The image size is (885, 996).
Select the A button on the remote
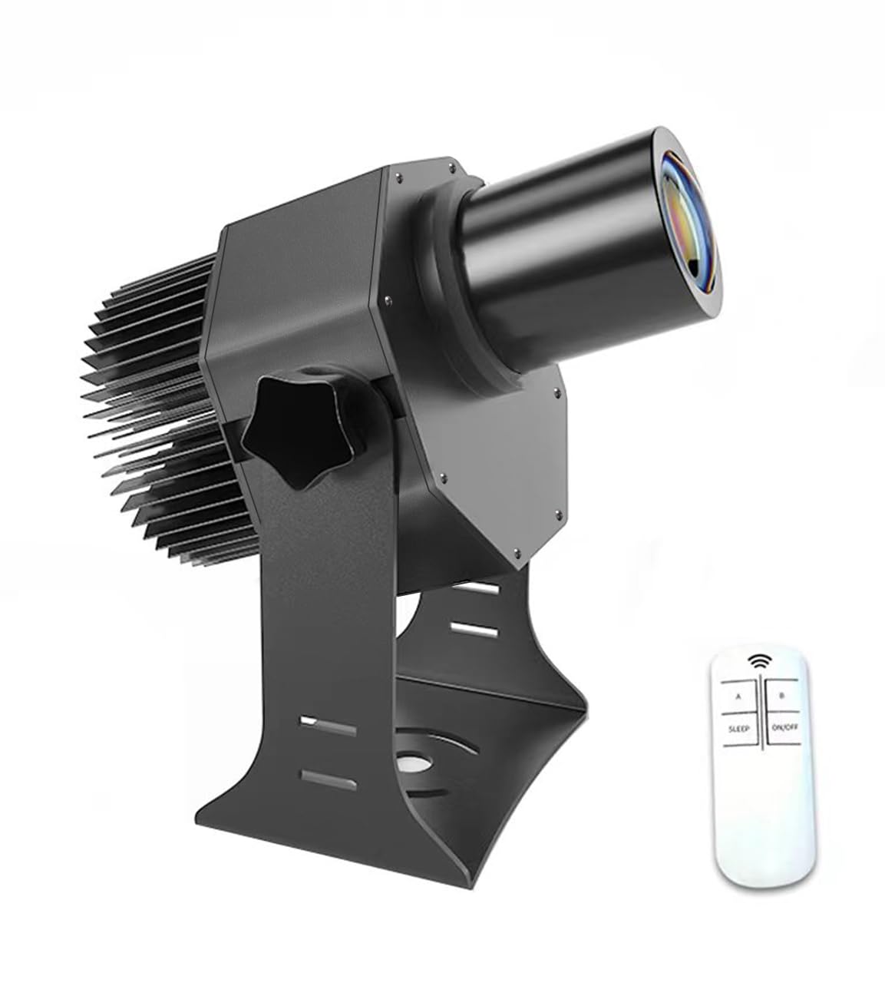point(738,697)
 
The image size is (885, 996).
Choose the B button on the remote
point(781,697)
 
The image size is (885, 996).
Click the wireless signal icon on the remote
point(759,660)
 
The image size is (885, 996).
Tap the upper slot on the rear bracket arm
point(482,589)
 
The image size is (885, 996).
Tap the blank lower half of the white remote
point(759,806)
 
